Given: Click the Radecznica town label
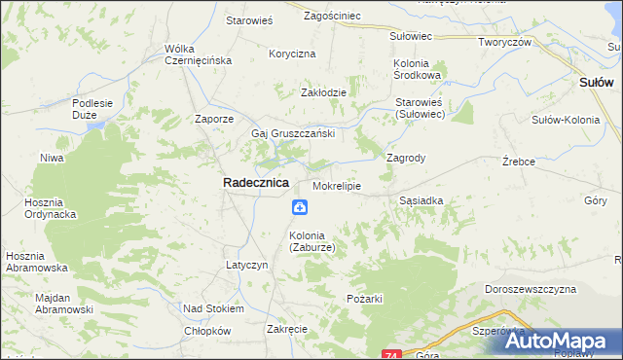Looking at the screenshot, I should (x=256, y=182).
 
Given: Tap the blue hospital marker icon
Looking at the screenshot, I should (x=300, y=207).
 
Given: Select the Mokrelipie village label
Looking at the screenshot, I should (x=337, y=185).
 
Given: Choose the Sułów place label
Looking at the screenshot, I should (x=595, y=84).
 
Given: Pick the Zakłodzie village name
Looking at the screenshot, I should (x=323, y=92).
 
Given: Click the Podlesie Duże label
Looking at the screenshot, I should (x=100, y=110).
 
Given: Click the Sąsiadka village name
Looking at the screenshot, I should (x=421, y=200).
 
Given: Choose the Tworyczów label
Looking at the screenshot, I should (x=504, y=42).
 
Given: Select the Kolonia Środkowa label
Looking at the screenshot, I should (x=418, y=69).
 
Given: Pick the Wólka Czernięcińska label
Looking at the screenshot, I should (x=198, y=54).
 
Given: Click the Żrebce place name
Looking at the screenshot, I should (x=519, y=161).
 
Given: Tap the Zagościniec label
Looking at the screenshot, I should (x=333, y=16).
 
